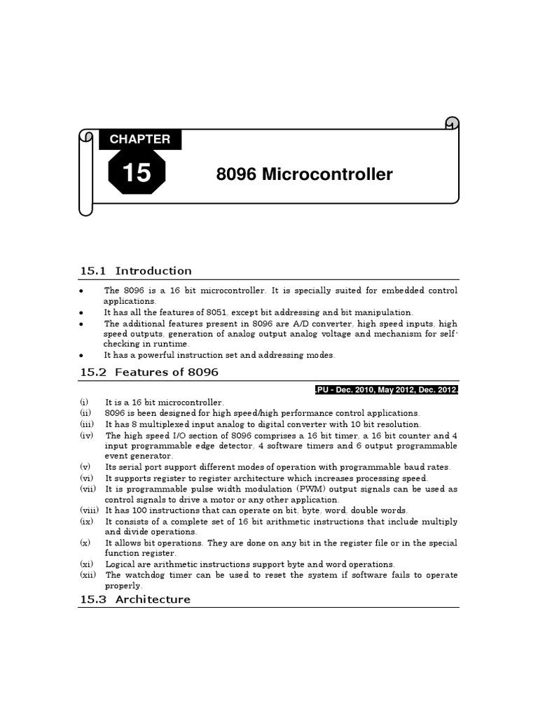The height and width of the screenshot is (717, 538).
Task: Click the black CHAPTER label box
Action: [x=140, y=139]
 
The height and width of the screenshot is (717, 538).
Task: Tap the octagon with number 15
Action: [x=137, y=172]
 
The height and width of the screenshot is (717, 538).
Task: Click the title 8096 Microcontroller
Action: [x=305, y=174]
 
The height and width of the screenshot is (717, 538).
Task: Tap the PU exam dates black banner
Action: [x=386, y=390]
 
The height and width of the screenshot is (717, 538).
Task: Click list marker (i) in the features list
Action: [x=84, y=403]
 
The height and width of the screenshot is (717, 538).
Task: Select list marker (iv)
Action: [x=86, y=435]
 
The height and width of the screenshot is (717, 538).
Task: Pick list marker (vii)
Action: [x=88, y=489]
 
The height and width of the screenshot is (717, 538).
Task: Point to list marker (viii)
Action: [x=89, y=510]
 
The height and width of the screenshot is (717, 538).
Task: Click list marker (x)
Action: [x=85, y=543]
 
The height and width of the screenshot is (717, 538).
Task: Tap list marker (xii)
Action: [x=88, y=575]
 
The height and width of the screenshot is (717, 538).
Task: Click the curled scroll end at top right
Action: [x=451, y=123]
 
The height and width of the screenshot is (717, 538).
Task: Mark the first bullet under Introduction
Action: [x=82, y=291]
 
